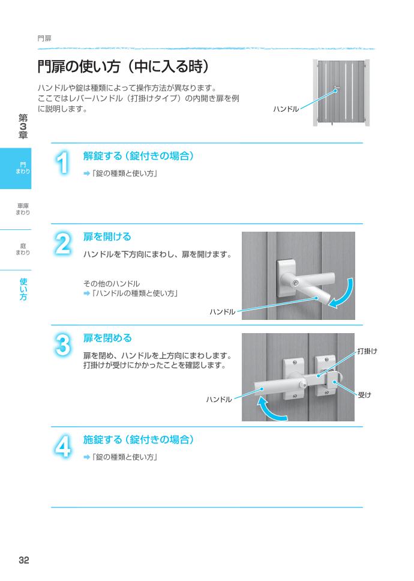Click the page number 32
point(23,560)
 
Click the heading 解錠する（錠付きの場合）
point(138,156)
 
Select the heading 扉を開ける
point(107,237)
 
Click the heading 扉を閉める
point(107,339)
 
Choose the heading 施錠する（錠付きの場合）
point(138,440)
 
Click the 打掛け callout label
point(367,351)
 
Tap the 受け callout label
point(364,394)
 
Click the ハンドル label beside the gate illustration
point(286,109)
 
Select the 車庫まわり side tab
point(22,209)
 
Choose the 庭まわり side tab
point(22,249)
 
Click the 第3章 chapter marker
point(23,127)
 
